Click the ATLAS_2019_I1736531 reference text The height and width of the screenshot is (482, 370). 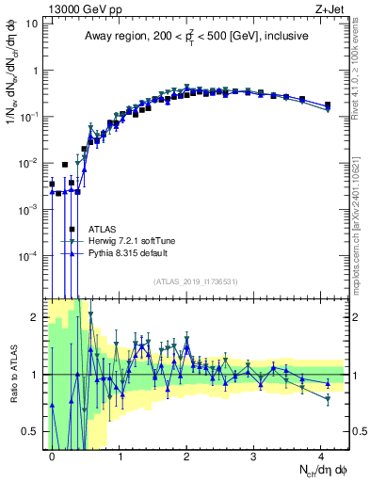[197, 281]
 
